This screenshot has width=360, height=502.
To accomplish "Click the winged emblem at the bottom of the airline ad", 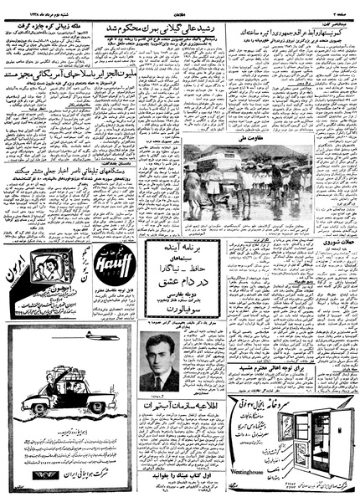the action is point(28,479).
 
